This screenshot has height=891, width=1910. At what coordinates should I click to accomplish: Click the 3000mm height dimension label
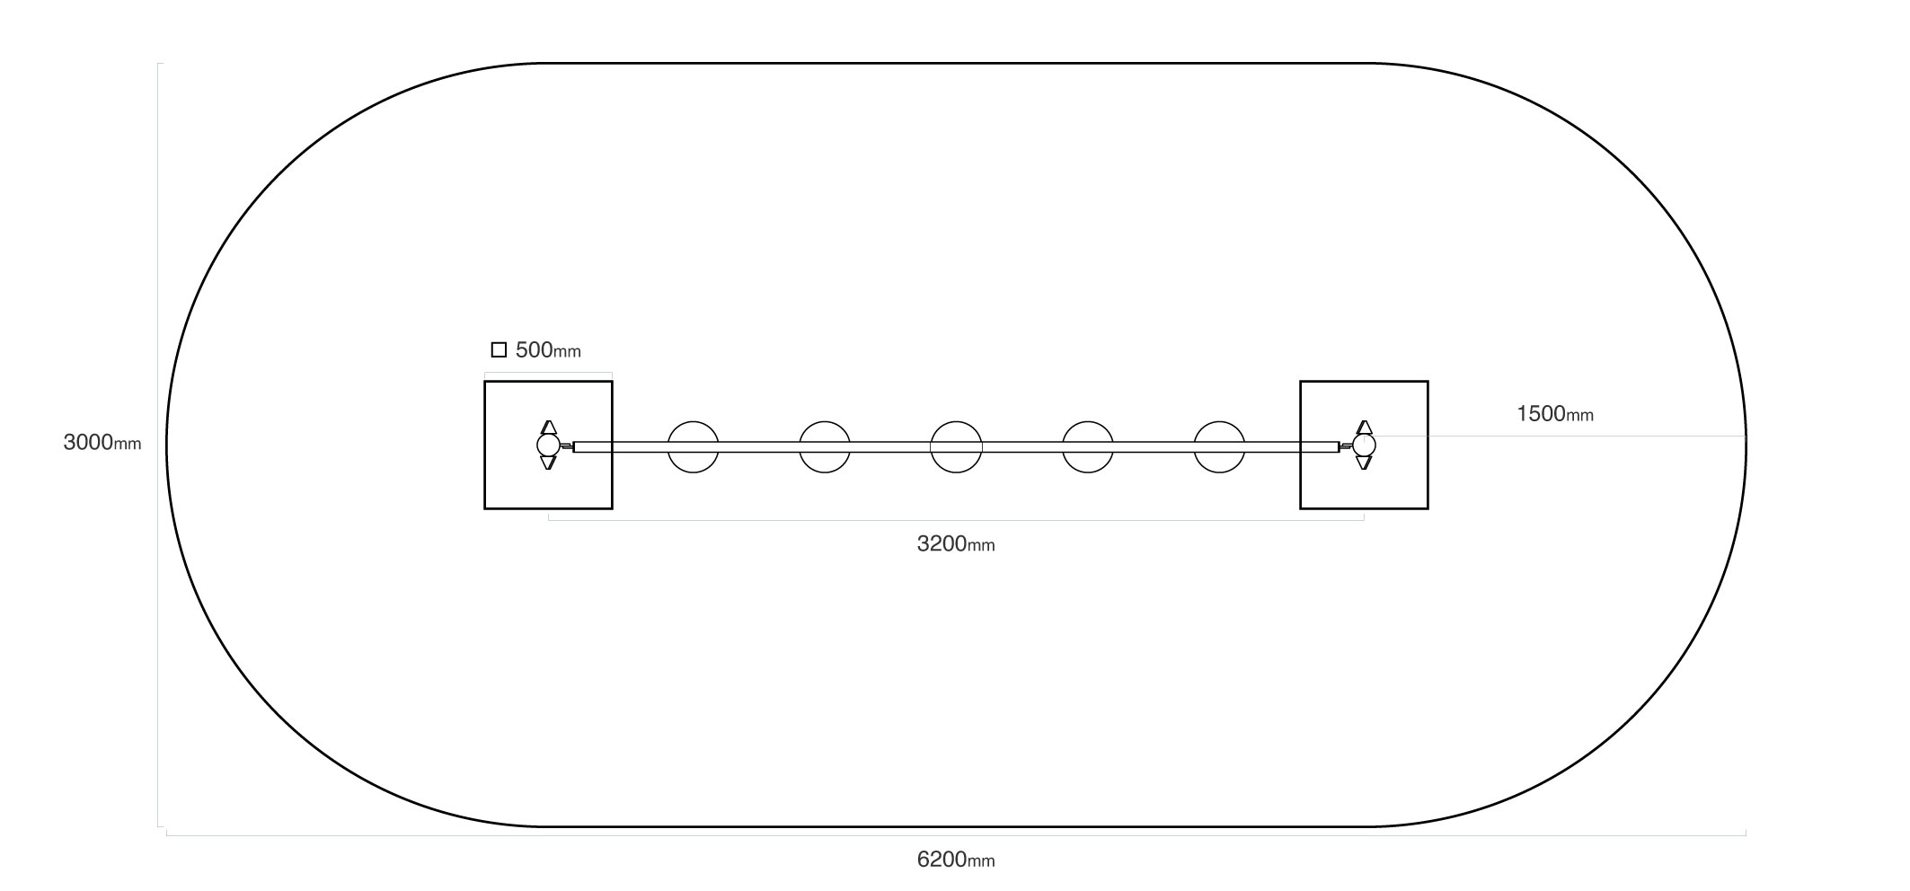point(102,443)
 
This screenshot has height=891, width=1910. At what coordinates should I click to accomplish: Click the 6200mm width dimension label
point(956,860)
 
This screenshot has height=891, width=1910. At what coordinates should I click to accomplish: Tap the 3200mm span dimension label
point(956,543)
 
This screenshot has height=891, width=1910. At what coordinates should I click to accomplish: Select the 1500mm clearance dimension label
point(1555,414)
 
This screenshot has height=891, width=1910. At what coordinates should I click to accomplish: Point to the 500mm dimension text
point(548,350)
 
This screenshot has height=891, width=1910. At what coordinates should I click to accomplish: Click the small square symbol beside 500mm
point(499,350)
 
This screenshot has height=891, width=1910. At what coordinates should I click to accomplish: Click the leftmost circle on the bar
point(694,446)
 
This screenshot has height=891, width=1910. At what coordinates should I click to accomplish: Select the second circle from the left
point(825,446)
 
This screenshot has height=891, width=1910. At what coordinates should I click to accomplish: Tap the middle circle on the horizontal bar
point(956,446)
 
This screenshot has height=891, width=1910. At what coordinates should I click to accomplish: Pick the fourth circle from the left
point(1088,446)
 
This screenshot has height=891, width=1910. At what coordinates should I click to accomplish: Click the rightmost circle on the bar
point(1219,446)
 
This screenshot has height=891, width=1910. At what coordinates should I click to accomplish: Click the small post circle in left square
point(548,445)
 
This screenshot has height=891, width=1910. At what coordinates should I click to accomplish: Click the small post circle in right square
point(1364,445)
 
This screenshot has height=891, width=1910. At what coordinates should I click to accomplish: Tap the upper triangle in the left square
point(548,428)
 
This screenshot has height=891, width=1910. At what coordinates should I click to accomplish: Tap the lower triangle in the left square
point(548,463)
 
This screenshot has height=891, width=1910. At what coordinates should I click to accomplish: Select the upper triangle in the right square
point(1364,428)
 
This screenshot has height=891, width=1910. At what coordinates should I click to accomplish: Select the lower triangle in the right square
point(1364,463)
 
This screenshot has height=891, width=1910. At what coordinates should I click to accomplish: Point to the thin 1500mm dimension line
point(1555,437)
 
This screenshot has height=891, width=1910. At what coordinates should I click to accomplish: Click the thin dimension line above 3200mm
point(956,520)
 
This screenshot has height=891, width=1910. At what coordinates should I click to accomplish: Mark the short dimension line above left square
point(548,373)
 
